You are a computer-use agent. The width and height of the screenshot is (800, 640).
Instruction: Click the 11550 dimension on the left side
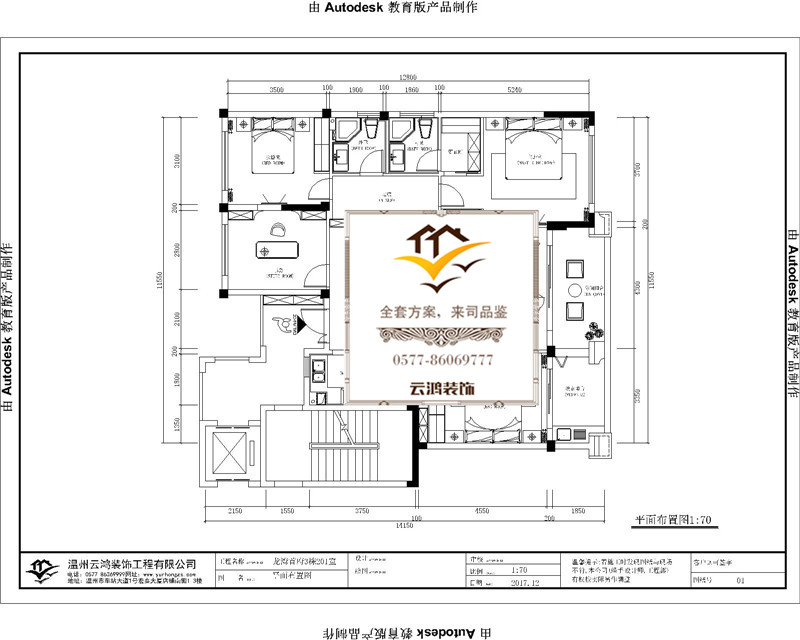(x=158, y=284)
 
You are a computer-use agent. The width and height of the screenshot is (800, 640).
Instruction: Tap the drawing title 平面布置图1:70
(x=673, y=521)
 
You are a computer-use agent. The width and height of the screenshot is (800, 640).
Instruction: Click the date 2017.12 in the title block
(x=524, y=580)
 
